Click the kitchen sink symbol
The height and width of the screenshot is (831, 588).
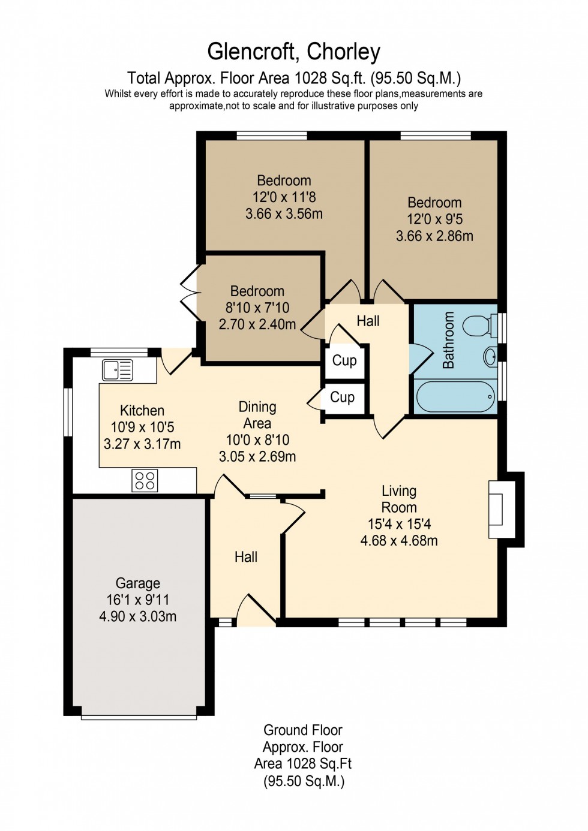coord(118,370)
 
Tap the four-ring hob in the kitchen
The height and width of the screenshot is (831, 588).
coord(145,481)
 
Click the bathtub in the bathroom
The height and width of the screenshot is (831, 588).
coord(455,396)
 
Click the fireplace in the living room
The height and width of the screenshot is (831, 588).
coord(497,509)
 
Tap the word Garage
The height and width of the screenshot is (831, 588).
coord(137,583)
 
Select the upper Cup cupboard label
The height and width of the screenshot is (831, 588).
coord(344,360)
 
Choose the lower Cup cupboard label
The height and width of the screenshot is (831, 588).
coord(343,398)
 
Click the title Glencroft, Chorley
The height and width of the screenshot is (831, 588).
coord(293,52)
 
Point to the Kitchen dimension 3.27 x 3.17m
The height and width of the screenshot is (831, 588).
coord(142,444)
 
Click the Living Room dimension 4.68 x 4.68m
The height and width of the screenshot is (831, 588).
coord(399,541)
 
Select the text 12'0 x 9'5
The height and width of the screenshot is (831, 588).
coord(434,219)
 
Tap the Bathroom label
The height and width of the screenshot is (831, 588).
coord(448,340)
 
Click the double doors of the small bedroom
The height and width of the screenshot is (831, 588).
coord(191,293)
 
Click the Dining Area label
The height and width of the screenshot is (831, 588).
coord(257,415)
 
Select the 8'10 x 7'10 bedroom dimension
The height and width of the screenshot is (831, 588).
coord(257,308)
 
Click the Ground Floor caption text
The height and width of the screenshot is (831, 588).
coord(302,730)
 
